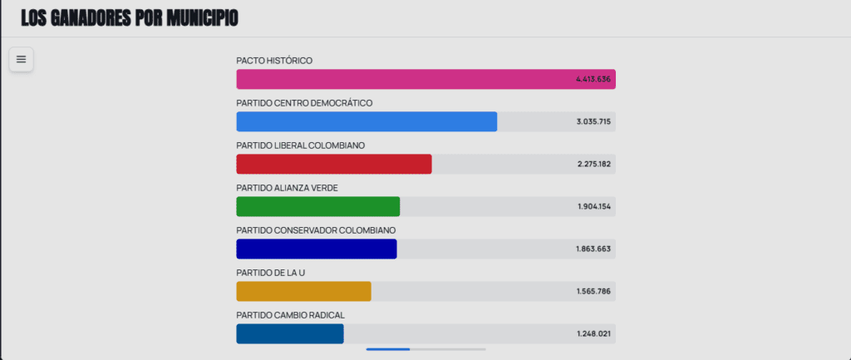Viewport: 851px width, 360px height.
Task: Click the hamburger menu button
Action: click(x=21, y=59)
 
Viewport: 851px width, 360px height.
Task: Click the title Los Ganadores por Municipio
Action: click(x=130, y=17)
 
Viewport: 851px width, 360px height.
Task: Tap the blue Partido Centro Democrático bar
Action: click(x=366, y=121)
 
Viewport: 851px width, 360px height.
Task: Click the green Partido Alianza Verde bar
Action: click(x=317, y=206)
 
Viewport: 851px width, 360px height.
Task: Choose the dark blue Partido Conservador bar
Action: click(x=316, y=249)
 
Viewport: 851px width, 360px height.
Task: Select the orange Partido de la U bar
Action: click(x=303, y=291)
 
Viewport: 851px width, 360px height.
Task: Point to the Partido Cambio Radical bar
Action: click(x=289, y=333)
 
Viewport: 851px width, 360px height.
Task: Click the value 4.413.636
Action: click(x=593, y=79)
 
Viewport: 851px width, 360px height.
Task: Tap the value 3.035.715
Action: click(x=593, y=121)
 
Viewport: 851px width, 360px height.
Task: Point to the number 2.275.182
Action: click(x=593, y=164)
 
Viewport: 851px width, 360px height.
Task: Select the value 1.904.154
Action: click(x=593, y=206)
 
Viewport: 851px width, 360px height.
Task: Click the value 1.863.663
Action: click(x=593, y=249)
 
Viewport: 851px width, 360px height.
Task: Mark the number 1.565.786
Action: click(x=593, y=291)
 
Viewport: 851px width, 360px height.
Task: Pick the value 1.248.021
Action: click(x=593, y=333)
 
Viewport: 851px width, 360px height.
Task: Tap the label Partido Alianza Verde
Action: click(x=287, y=188)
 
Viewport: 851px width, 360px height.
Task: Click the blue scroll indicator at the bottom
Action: click(x=388, y=349)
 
